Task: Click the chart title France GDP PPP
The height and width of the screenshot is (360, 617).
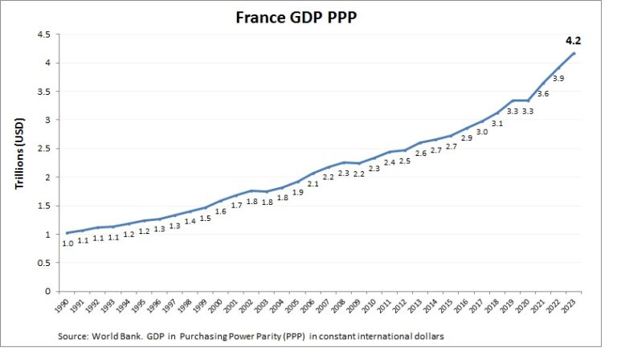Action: click(x=308, y=17)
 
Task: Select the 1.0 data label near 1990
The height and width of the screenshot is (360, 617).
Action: click(x=69, y=243)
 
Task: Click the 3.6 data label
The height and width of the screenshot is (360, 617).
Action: click(x=544, y=94)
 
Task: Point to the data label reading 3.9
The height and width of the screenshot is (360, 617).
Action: click(x=560, y=78)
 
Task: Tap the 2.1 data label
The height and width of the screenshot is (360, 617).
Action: click(x=313, y=184)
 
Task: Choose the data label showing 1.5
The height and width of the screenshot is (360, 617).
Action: click(x=205, y=218)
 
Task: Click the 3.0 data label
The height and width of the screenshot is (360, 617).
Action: click(x=482, y=133)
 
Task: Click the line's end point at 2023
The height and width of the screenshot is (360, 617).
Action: click(x=574, y=54)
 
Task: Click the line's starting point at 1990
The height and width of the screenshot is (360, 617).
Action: click(x=67, y=233)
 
